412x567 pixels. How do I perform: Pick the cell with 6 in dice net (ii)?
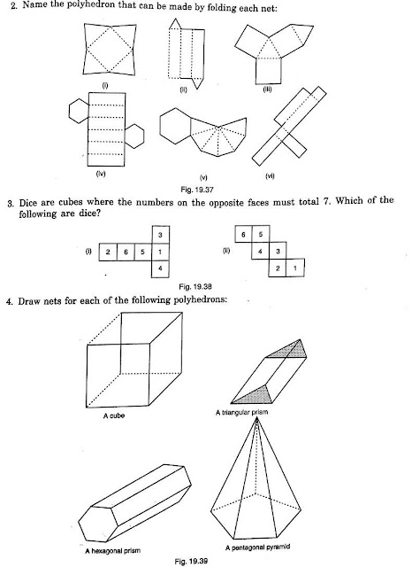pyautogui.click(x=241, y=235)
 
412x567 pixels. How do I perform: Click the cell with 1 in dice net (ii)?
pyautogui.click(x=292, y=268)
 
